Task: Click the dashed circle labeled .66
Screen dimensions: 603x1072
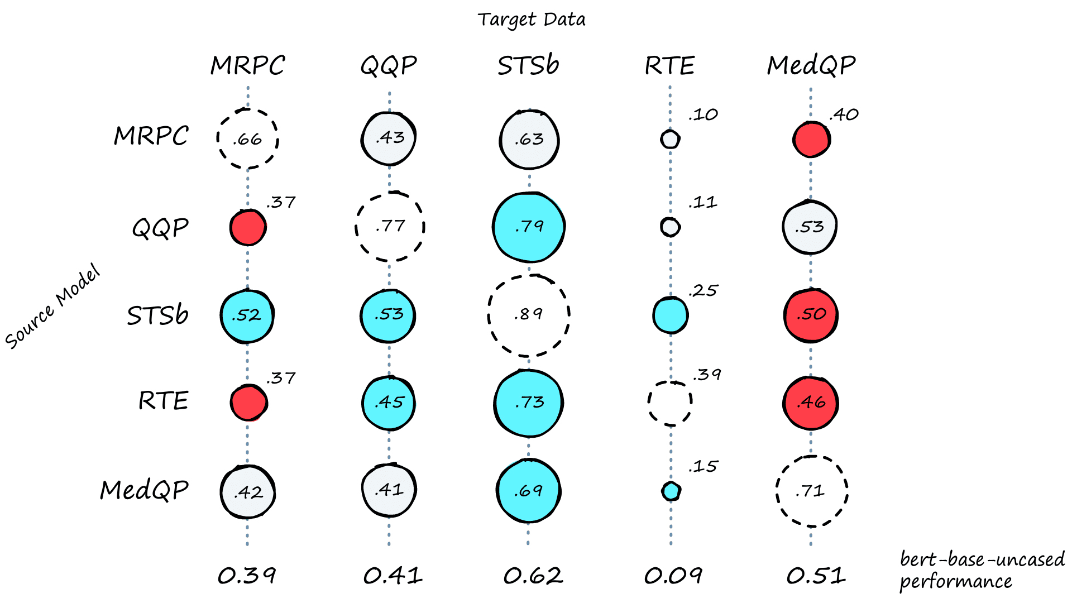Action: click(247, 138)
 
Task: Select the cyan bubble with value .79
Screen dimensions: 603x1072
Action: click(529, 227)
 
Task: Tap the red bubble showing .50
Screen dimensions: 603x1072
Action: click(811, 315)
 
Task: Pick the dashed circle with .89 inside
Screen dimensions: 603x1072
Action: click(529, 315)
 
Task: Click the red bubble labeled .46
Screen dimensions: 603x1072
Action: click(811, 403)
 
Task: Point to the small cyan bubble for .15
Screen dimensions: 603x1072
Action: click(671, 491)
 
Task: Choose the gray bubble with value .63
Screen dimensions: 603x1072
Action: click(529, 139)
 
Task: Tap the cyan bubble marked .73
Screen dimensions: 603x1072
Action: click(528, 403)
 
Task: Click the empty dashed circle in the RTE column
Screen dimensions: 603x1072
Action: click(670, 403)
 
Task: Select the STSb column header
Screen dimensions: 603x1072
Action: click(528, 65)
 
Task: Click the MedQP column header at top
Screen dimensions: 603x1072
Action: click(811, 65)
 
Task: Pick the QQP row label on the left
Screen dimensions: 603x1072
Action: click(160, 228)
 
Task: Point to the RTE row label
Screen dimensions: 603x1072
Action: click(163, 401)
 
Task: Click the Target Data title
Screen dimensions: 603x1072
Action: click(532, 20)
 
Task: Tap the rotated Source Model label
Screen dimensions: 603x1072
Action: click(53, 307)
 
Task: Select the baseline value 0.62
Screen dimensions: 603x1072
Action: click(533, 576)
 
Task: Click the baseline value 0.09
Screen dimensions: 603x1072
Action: click(673, 576)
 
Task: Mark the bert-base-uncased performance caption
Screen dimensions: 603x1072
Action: click(982, 570)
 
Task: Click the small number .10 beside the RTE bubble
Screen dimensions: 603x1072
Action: click(703, 115)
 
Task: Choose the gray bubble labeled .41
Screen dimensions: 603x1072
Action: click(389, 490)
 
